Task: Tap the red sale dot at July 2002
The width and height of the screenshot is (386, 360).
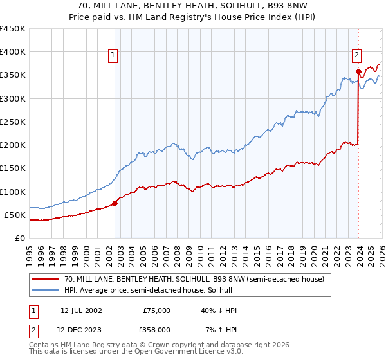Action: pos(115,203)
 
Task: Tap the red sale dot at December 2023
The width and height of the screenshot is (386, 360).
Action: pos(358,72)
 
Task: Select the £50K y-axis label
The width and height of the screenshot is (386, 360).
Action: pos(15,215)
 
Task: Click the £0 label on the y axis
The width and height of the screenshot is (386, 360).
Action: pos(21,238)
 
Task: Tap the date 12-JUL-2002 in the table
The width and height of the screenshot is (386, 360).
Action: pos(80,310)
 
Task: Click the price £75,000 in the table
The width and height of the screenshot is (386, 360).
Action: pos(156,310)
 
